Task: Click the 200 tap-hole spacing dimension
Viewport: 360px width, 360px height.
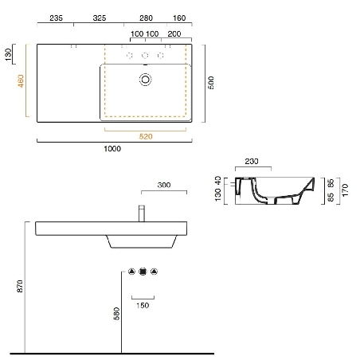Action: (x=174, y=34)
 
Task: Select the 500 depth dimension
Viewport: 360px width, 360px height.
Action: (x=211, y=82)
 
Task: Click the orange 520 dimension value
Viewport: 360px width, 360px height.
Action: (x=146, y=136)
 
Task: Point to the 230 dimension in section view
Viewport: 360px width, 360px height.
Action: (x=252, y=162)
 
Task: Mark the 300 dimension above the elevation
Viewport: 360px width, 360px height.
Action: (x=164, y=185)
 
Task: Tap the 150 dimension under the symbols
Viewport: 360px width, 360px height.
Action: (x=142, y=305)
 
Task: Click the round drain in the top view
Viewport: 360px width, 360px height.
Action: (x=146, y=79)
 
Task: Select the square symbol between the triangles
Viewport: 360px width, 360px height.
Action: (x=143, y=271)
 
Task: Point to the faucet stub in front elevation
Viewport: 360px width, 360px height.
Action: (x=141, y=213)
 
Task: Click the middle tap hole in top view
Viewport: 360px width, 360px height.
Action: (x=145, y=55)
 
